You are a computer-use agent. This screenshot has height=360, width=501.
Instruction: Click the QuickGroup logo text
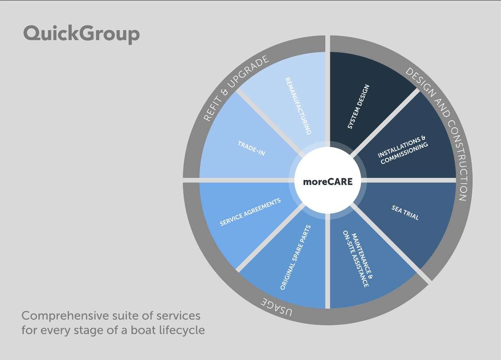(81, 34)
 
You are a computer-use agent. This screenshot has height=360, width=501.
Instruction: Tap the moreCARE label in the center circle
(328, 182)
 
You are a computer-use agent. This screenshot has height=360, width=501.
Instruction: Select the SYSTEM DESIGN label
(358, 107)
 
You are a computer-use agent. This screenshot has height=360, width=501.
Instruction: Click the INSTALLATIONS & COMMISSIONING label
(403, 150)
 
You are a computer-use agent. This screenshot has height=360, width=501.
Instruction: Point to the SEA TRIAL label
(405, 213)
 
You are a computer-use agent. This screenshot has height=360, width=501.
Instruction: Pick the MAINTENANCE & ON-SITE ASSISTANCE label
(358, 259)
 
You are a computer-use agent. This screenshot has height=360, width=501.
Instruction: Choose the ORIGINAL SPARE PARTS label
(295, 258)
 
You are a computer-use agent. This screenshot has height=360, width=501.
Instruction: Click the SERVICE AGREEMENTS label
(250, 212)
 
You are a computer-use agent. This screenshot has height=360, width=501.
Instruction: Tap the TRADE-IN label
(251, 148)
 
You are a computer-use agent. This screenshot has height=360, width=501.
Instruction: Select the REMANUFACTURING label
(298, 106)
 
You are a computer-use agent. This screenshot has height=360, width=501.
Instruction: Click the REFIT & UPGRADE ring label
(236, 88)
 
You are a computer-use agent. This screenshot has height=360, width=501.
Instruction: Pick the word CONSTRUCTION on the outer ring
(456, 160)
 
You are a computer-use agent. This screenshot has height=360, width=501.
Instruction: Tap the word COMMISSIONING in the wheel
(405, 154)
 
